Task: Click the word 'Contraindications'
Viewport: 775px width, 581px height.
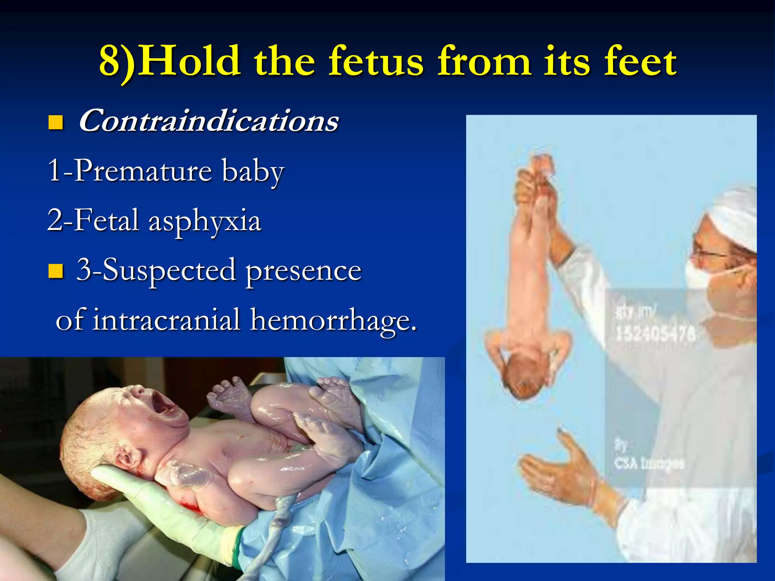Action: [x=209, y=121]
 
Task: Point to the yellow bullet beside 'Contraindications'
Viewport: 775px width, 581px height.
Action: [x=56, y=123]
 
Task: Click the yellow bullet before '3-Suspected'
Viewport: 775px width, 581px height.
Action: [x=56, y=271]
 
